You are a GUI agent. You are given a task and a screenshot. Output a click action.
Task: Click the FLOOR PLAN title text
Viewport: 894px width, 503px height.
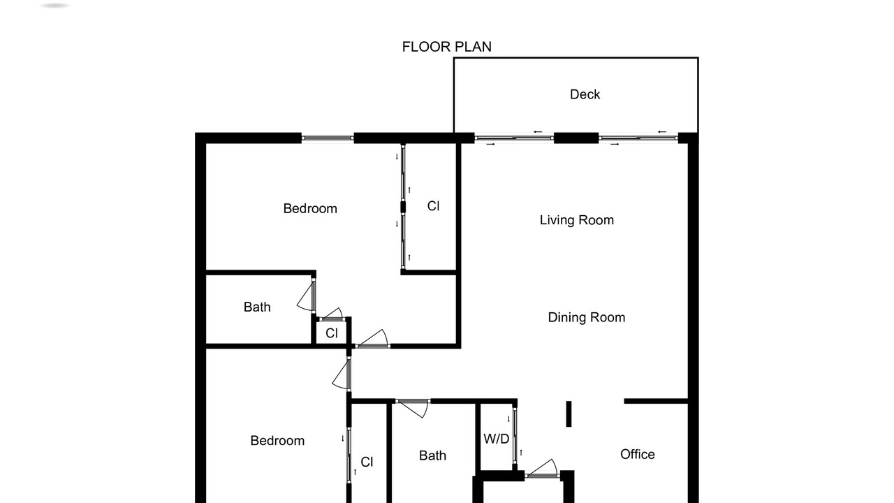click(x=446, y=47)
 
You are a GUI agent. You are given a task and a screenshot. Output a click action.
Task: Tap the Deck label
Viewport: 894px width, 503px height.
click(x=585, y=94)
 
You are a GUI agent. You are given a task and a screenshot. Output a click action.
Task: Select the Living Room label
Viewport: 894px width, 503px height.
click(x=577, y=220)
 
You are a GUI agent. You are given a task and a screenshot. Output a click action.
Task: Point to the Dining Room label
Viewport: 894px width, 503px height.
click(x=586, y=317)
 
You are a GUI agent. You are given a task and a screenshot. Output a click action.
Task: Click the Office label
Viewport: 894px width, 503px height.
click(x=638, y=454)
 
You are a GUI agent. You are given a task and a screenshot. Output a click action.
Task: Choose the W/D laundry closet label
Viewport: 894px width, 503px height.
click(x=496, y=439)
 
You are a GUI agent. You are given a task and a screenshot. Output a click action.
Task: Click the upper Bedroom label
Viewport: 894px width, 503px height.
click(x=310, y=208)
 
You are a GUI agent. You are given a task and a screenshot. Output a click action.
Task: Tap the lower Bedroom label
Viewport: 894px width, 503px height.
click(x=277, y=441)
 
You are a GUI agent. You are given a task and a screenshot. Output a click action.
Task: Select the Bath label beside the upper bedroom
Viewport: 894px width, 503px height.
click(x=257, y=307)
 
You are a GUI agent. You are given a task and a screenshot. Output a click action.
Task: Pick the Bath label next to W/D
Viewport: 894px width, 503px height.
click(x=432, y=455)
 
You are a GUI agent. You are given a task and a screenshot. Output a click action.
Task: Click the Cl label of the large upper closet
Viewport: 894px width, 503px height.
click(x=433, y=206)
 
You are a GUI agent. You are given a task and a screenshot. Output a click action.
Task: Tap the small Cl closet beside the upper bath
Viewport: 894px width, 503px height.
click(x=332, y=333)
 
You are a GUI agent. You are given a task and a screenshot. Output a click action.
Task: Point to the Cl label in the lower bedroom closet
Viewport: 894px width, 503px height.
click(x=367, y=462)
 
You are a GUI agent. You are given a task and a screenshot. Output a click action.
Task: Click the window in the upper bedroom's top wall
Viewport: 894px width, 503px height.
click(x=328, y=138)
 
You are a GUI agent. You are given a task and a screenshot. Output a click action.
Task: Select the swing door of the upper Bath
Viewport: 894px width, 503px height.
click(x=307, y=295)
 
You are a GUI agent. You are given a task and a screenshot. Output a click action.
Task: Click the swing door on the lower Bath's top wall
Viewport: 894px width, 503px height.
click(x=413, y=408)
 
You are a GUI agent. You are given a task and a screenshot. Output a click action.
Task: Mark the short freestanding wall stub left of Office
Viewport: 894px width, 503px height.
click(x=569, y=414)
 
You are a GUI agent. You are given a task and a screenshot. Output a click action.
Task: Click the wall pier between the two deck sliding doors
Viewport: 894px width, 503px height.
click(x=576, y=138)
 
